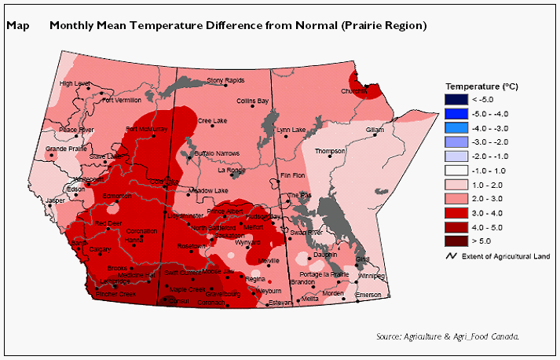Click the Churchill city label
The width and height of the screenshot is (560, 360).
(x=354, y=91)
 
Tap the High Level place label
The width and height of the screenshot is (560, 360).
(x=75, y=83)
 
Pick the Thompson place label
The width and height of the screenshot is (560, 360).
(x=330, y=152)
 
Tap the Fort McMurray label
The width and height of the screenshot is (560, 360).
(x=147, y=129)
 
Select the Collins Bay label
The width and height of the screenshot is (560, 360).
(x=252, y=101)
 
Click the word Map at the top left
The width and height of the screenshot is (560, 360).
(x=17, y=25)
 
